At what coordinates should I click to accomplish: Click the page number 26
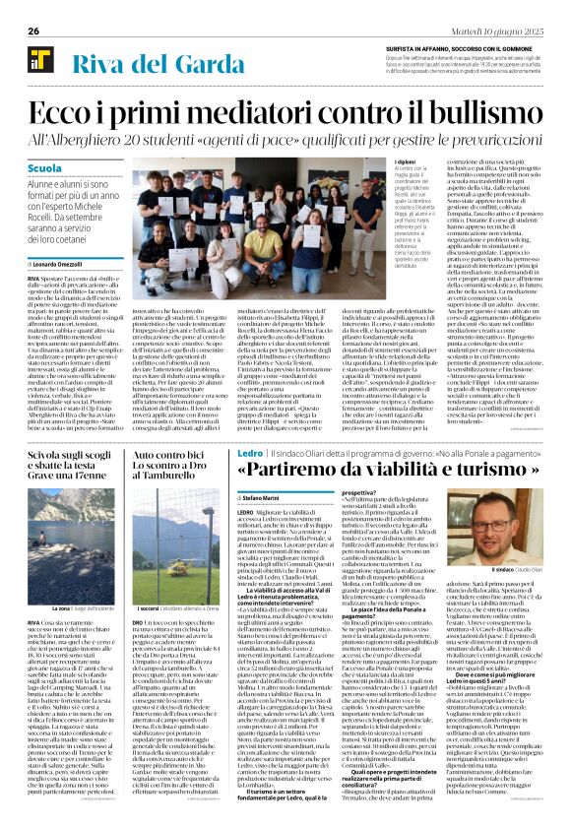tap(32, 32)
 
